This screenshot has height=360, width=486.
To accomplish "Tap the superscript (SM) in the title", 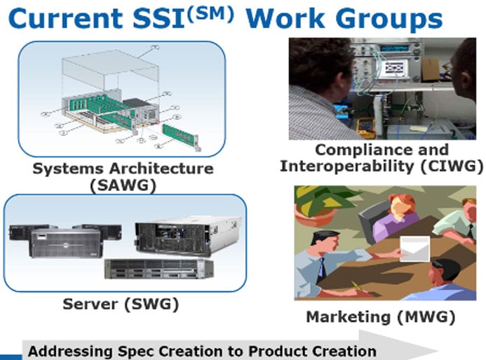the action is coord(210,14).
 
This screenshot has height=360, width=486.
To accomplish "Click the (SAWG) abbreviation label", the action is coord(123,185).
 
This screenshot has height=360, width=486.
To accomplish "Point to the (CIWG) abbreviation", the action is coord(452,166).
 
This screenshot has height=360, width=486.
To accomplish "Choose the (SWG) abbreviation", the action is coord(151,304).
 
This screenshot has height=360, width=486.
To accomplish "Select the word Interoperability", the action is coord(347,166).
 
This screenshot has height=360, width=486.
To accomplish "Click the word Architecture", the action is coord(161,168).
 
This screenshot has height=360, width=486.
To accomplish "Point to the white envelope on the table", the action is coord(415,249).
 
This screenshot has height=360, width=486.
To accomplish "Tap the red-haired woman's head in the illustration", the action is coord(402,206).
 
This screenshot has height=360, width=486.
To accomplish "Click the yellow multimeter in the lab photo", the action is coord(366,128).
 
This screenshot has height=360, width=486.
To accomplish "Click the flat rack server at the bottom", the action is coord(159,269).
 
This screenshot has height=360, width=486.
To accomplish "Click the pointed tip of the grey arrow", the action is coord(438,352).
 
